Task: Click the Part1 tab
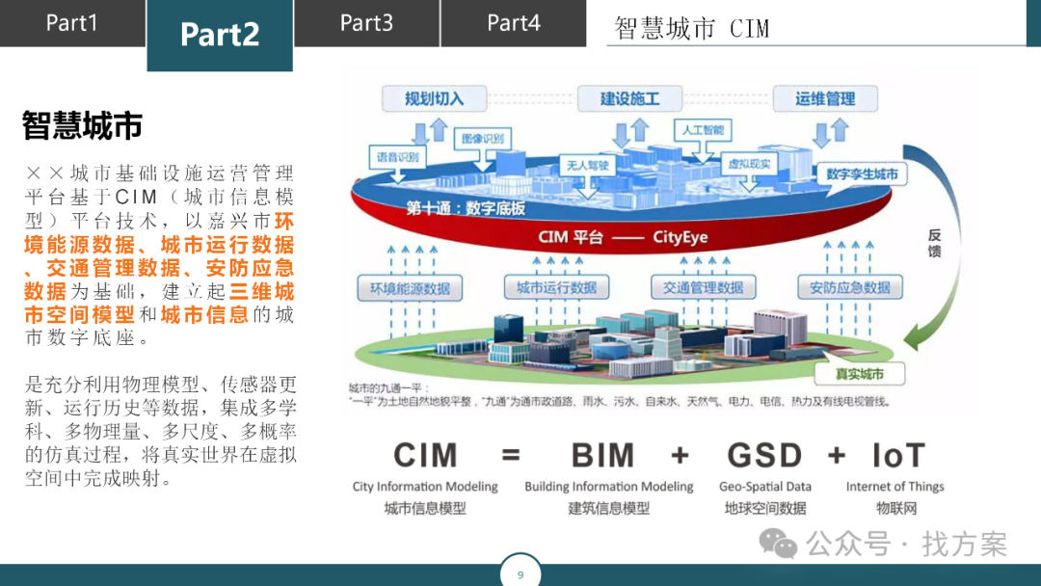click(x=72, y=23)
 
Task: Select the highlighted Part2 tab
click(x=220, y=35)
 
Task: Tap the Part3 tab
click(x=366, y=23)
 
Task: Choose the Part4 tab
click(x=514, y=23)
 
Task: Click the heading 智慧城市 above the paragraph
click(x=83, y=125)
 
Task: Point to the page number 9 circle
click(x=520, y=574)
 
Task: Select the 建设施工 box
click(x=629, y=98)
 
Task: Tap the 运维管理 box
click(x=825, y=98)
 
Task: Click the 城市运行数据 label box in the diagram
click(x=556, y=287)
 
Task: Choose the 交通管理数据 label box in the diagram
click(x=703, y=287)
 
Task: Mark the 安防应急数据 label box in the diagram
click(x=849, y=287)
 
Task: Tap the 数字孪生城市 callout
click(x=862, y=174)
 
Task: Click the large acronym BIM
click(x=603, y=455)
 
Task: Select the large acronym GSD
click(x=764, y=455)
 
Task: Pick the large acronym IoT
click(x=898, y=455)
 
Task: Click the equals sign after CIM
click(x=512, y=455)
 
